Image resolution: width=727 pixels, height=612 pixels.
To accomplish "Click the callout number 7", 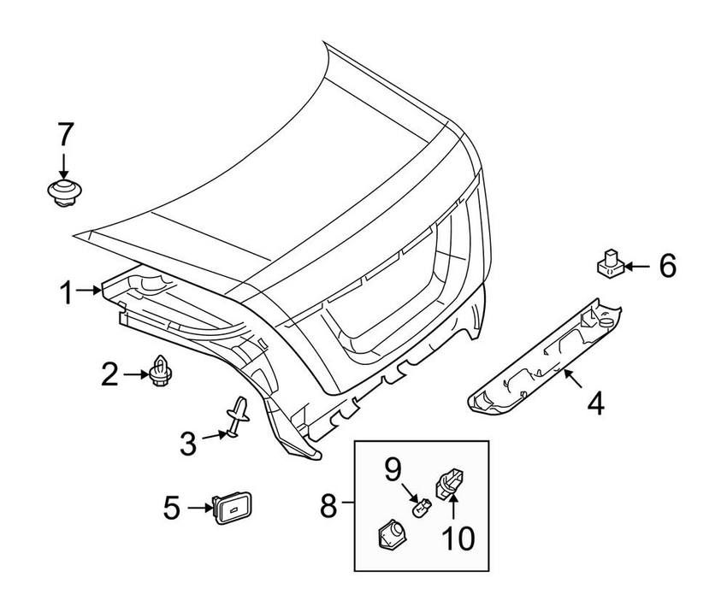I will [x=66, y=136].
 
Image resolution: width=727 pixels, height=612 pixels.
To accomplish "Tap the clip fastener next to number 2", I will [x=160, y=371].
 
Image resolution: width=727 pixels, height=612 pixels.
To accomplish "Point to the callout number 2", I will [x=110, y=374].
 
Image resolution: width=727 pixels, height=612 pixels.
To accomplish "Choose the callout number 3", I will [x=188, y=443].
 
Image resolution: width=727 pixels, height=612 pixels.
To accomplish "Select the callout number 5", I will [x=172, y=509].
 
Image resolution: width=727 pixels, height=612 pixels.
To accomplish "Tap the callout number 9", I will [x=393, y=468].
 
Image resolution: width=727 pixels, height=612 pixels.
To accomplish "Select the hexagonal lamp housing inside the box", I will [x=391, y=538].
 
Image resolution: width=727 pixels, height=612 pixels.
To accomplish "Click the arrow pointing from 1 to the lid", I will [x=90, y=291].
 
